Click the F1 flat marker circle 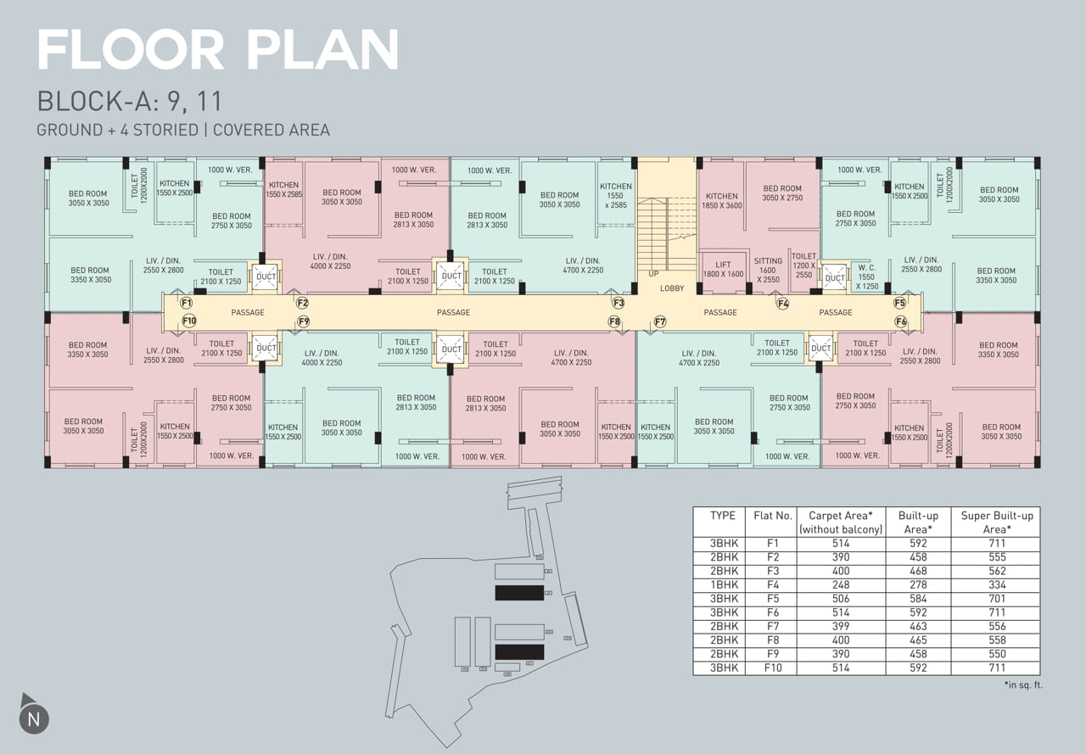tap(186, 304)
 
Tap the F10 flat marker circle tap(189, 321)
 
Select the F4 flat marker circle tap(783, 304)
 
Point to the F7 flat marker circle tap(660, 321)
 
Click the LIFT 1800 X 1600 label tap(723, 270)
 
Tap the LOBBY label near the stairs tap(672, 288)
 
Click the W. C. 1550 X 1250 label tap(866, 276)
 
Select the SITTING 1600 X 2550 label tap(768, 271)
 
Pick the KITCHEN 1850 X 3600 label tap(722, 201)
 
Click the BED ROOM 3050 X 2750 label tap(782, 193)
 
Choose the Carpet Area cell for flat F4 tap(841, 585)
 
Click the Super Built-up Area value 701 tap(997, 599)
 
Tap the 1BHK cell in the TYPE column tap(724, 585)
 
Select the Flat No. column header tap(773, 516)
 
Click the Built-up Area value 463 tap(918, 627)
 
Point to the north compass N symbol tap(34, 719)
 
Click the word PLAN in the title tap(323, 49)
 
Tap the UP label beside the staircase tap(653, 274)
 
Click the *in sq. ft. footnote tap(1023, 685)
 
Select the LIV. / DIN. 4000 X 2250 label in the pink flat tap(330, 262)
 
